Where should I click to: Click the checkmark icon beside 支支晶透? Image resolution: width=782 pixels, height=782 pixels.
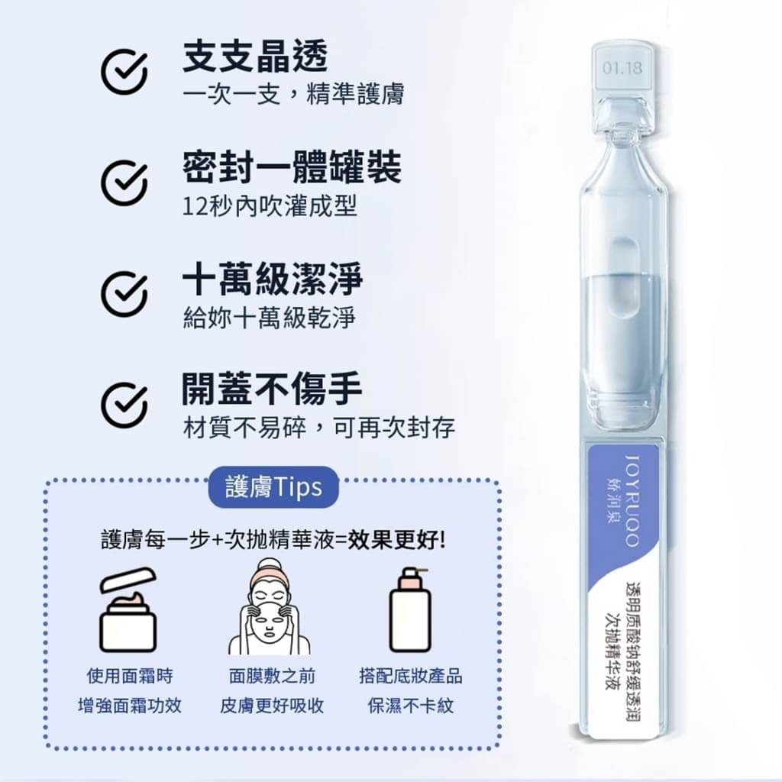pos(124,73)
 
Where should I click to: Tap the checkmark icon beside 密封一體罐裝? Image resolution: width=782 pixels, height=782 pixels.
pos(124,183)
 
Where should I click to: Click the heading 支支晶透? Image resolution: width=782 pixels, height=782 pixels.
pos(255,57)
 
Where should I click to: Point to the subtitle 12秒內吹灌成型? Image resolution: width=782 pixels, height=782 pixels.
pos(270,206)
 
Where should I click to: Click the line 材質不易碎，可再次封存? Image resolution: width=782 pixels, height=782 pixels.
pos(318,427)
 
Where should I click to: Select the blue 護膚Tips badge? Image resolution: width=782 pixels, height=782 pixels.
pos(273,487)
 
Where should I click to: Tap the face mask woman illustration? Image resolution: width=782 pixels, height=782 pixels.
pos(270,607)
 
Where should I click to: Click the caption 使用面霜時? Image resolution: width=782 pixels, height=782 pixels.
pos(130,676)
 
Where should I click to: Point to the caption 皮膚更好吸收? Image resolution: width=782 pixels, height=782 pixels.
pos(272,705)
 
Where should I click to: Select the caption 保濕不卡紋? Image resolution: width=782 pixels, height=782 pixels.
pos(410,705)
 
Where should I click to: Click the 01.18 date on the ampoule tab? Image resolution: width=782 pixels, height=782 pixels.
pos(622,69)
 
